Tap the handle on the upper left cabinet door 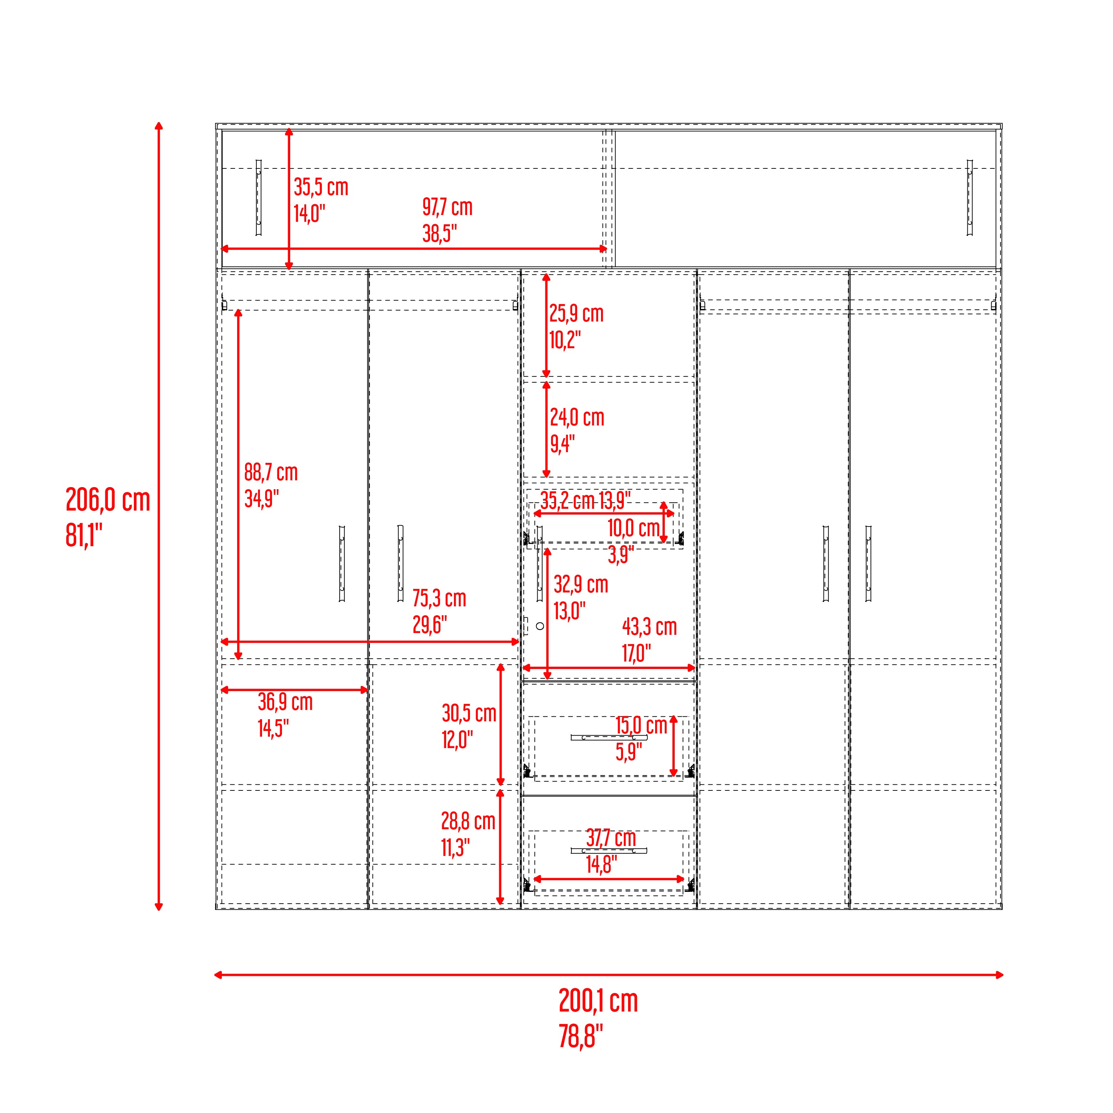point(258,198)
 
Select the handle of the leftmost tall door point(341,563)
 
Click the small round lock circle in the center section point(540,626)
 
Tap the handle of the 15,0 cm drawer point(609,737)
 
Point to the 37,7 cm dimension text point(611,838)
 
